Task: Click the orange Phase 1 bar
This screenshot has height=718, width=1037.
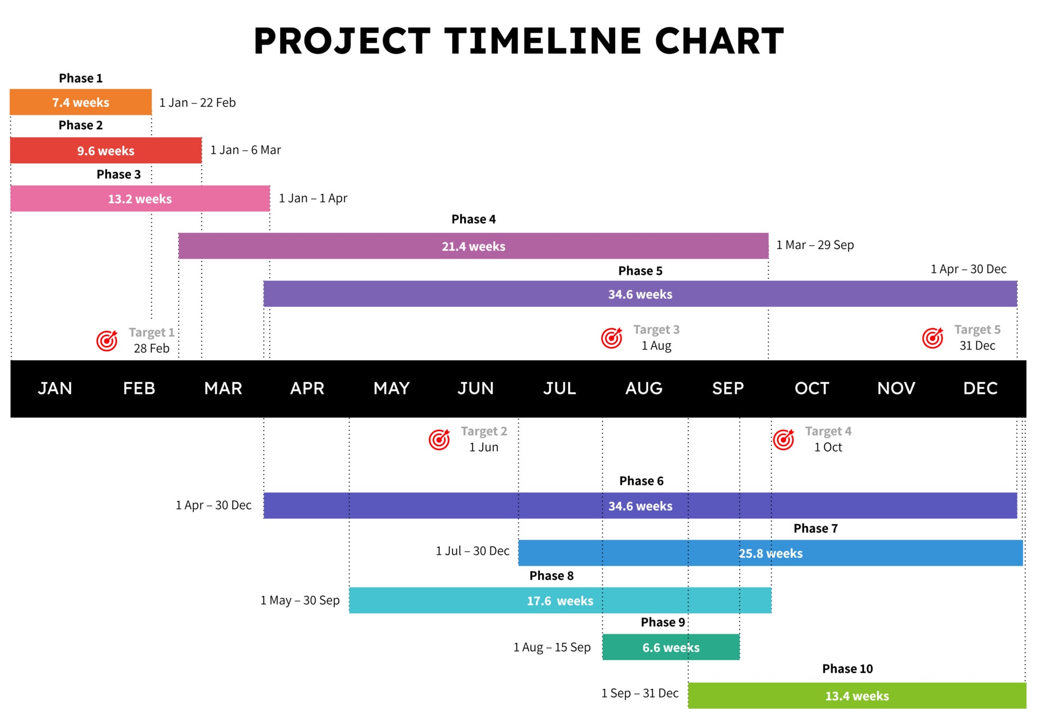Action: tap(80, 102)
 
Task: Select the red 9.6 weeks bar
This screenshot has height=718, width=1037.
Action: tap(105, 151)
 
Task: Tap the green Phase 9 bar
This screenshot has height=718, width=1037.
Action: tap(670, 647)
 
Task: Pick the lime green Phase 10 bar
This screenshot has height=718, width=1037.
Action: tap(857, 696)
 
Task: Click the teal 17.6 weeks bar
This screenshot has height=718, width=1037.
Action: tap(560, 601)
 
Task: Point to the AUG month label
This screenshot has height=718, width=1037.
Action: tap(643, 388)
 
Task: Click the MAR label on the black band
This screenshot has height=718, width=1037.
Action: tap(223, 388)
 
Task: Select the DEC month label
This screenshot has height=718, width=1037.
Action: tap(980, 388)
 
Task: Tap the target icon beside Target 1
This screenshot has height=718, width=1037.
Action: tap(107, 340)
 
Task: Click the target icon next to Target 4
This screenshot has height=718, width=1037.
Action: tap(784, 439)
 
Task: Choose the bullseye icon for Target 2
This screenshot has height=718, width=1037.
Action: tap(439, 439)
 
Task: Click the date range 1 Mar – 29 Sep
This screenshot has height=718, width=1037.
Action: tap(815, 245)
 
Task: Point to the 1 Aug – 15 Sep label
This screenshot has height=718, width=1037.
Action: tap(552, 647)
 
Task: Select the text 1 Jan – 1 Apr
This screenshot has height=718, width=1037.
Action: tap(313, 198)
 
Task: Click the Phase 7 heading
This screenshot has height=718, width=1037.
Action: tap(815, 528)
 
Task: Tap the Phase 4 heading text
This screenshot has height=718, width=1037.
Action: tap(473, 219)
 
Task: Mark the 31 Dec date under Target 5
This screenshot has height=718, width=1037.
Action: tap(977, 346)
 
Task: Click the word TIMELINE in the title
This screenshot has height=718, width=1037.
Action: tap(542, 41)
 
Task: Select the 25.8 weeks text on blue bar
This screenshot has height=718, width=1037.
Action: tap(770, 553)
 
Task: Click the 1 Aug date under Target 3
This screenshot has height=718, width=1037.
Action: tap(656, 346)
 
